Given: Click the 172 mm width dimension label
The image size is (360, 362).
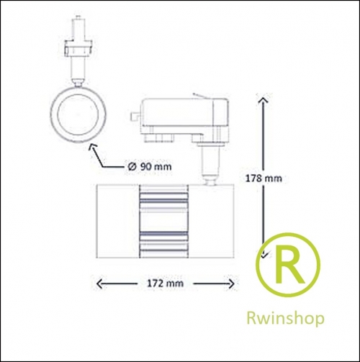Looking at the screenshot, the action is click(x=165, y=284).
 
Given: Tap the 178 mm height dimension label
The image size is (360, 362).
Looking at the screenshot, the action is click(x=264, y=178).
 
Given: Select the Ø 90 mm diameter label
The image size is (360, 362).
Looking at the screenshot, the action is click(x=150, y=166).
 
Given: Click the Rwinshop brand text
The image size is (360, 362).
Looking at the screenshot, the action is click(x=285, y=319).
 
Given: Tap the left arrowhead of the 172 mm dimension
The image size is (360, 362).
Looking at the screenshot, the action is click(x=99, y=284).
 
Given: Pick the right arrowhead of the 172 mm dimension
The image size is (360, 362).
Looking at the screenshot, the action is click(x=231, y=284).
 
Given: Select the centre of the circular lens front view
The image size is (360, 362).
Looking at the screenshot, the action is click(x=78, y=114).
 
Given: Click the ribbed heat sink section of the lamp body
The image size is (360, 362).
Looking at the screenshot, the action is click(x=163, y=221).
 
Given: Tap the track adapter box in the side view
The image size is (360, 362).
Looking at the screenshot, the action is click(x=184, y=113).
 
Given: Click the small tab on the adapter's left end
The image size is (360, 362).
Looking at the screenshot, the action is click(x=135, y=116).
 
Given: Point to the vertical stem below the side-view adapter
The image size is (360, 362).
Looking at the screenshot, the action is click(x=210, y=160).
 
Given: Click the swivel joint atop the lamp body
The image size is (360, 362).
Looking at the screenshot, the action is click(x=210, y=180).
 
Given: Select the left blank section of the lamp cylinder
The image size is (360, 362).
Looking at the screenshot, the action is click(x=117, y=221).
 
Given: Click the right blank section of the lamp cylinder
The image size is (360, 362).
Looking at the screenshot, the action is click(x=211, y=221).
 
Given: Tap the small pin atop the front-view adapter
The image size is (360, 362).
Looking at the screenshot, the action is click(x=78, y=18).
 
